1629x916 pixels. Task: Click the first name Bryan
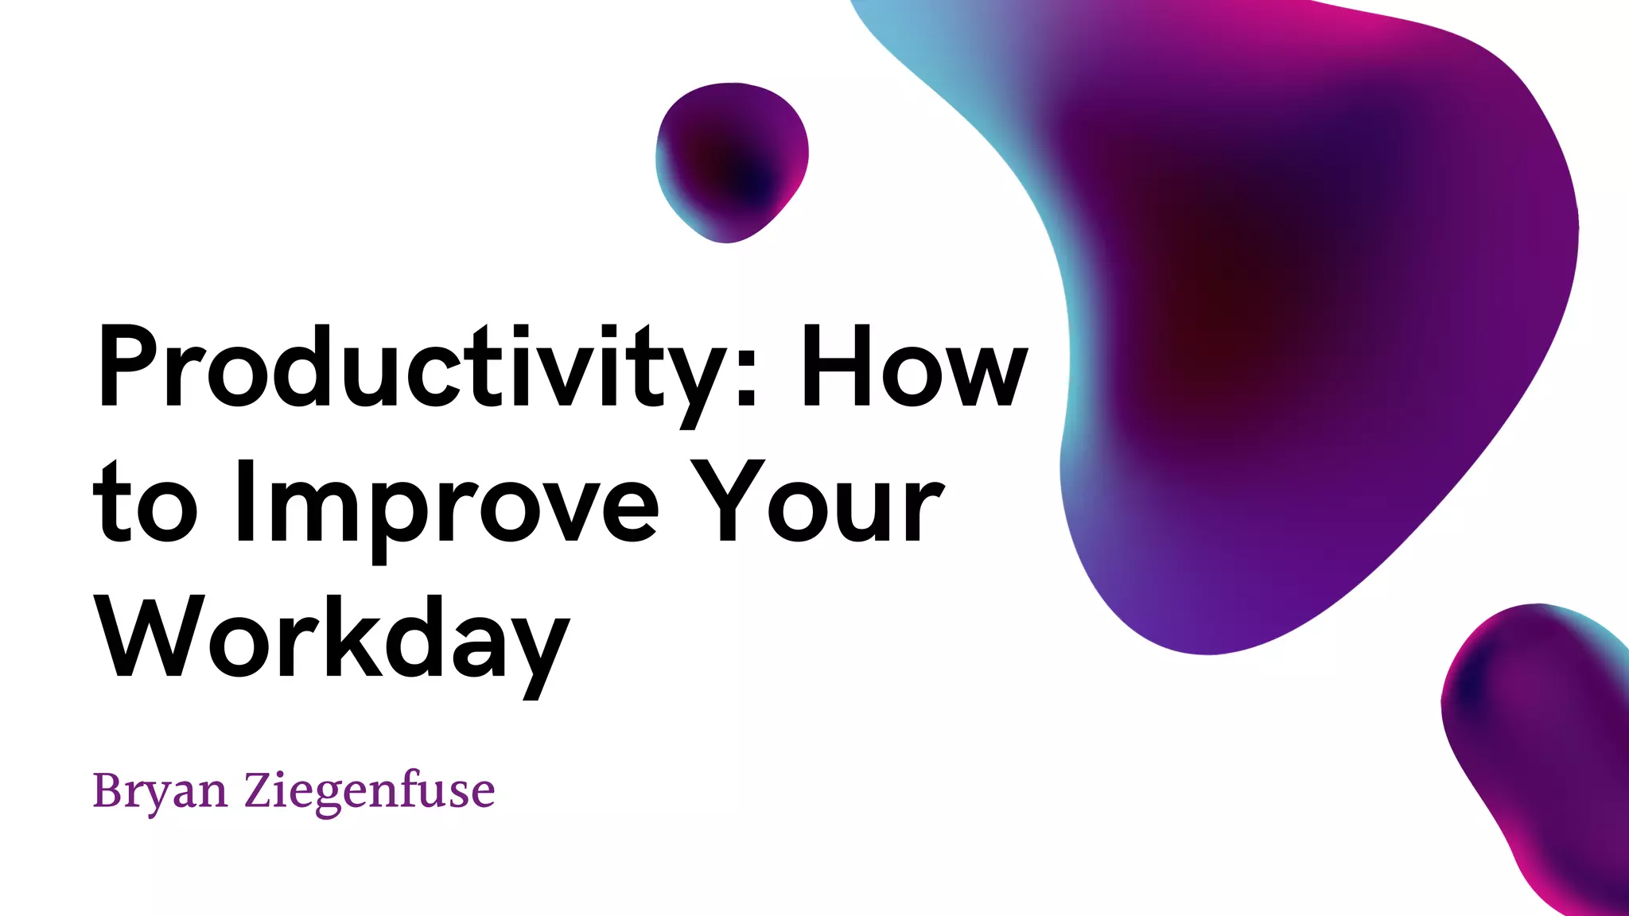click(x=160, y=791)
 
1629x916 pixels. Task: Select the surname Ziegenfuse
click(x=369, y=791)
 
